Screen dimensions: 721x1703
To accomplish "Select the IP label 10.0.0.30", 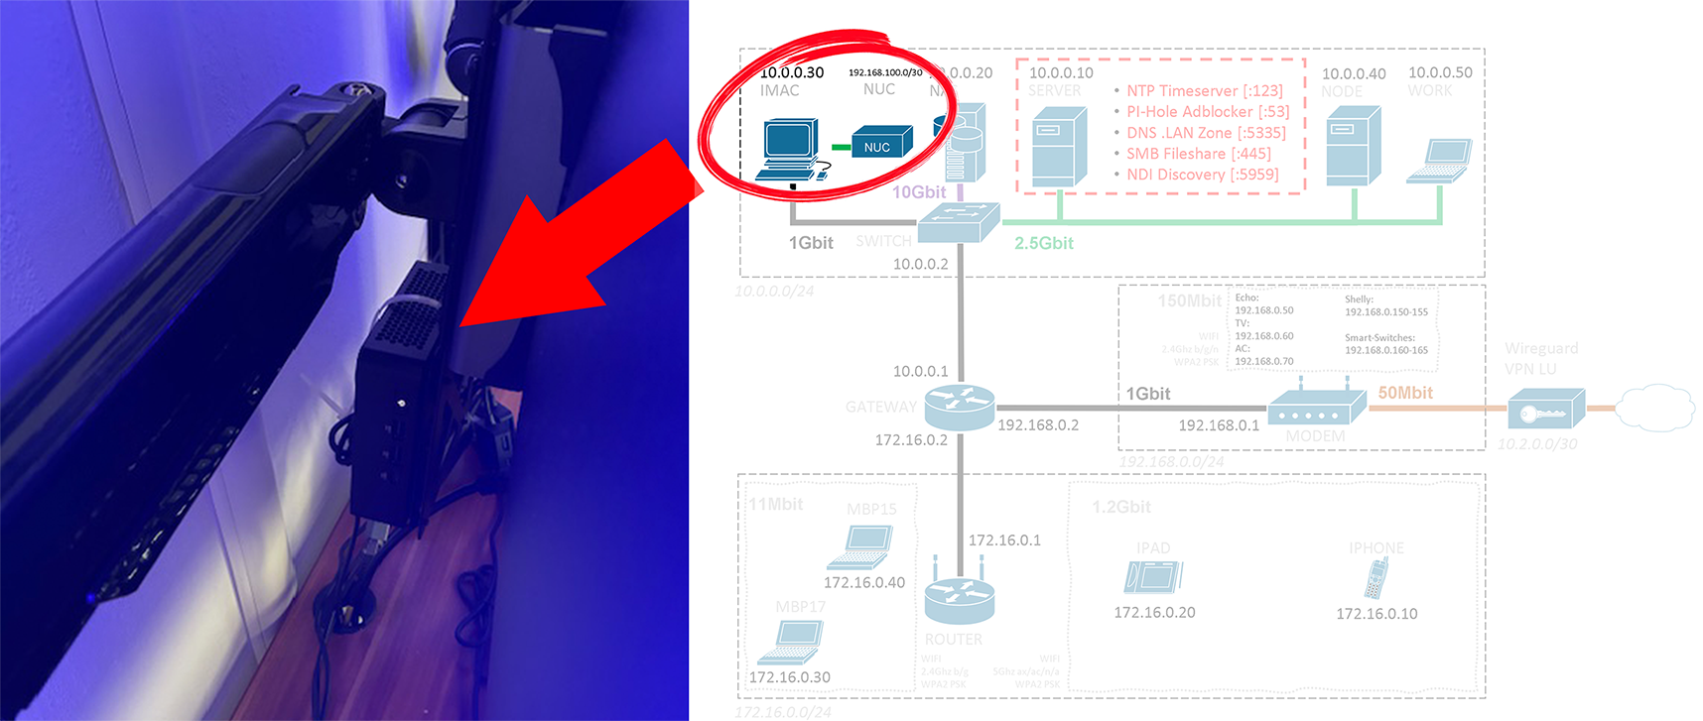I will (791, 72).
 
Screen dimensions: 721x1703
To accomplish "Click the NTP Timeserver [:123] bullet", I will (1204, 91).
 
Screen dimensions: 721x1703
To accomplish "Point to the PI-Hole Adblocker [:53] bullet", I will (1207, 112).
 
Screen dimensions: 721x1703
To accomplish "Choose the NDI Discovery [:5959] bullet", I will (1202, 175).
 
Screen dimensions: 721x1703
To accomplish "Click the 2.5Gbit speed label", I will (1043, 243).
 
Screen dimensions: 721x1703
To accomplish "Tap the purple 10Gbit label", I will (919, 192).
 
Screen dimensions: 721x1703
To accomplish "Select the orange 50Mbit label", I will (1405, 393).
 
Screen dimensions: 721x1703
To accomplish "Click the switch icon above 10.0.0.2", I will (958, 222).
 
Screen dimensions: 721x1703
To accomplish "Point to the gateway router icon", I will (959, 407).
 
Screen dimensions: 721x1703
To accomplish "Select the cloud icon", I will (1654, 407).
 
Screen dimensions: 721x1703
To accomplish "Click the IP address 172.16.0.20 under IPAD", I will (1154, 613).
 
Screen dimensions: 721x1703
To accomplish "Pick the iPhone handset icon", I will (1375, 578).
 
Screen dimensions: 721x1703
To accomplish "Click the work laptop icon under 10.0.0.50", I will (1439, 161).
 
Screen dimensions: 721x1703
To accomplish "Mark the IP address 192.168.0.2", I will (1038, 424).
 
